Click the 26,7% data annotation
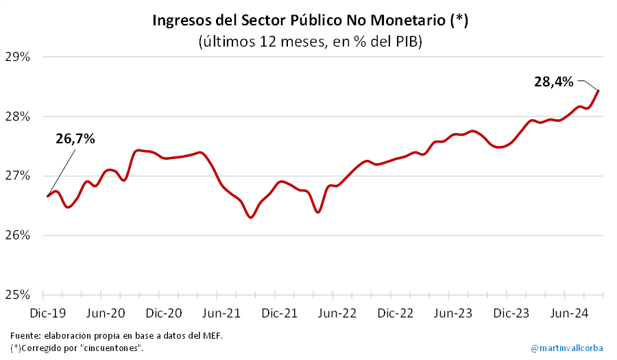pos(75,139)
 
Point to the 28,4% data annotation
pos(553,82)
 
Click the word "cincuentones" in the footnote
pos(112,348)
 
